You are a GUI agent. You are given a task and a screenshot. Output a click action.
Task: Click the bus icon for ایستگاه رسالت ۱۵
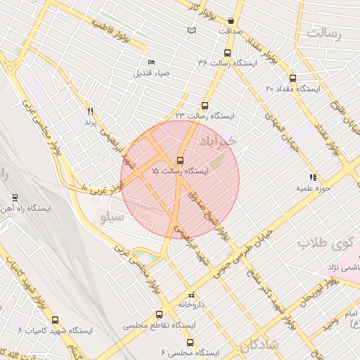(x=180, y=160)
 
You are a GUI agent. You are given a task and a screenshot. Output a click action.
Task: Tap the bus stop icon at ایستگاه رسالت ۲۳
(x=205, y=105)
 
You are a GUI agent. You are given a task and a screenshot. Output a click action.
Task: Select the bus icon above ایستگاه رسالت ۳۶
(x=226, y=53)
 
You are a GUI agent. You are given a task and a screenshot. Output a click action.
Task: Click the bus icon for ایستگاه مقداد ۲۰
(x=292, y=79)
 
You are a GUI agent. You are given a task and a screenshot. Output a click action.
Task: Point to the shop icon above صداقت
(x=231, y=21)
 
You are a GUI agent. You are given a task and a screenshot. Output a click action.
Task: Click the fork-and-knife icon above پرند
(x=90, y=112)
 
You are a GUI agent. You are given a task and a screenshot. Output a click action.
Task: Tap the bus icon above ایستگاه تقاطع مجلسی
(x=159, y=315)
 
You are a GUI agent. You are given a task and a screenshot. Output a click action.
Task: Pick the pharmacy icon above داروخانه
(x=192, y=295)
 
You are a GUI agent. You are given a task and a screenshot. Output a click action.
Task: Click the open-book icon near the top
(x=191, y=30)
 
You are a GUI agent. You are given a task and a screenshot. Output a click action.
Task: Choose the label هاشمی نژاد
(x=344, y=268)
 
